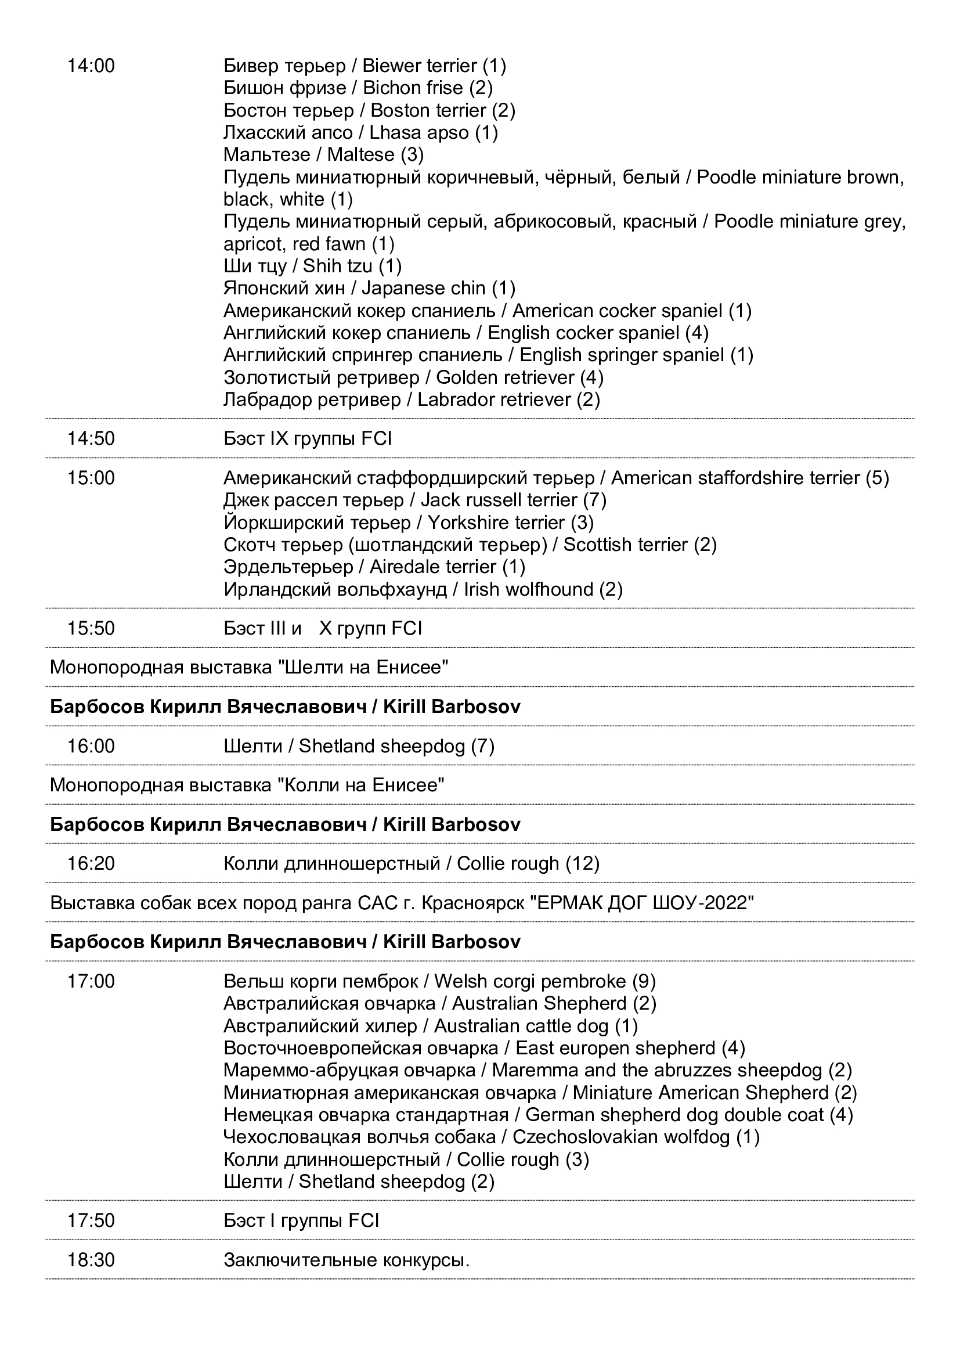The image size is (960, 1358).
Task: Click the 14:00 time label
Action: (91, 66)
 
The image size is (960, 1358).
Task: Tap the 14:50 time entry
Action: (91, 438)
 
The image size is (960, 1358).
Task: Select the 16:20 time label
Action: (91, 863)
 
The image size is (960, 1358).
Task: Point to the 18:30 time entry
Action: (91, 1260)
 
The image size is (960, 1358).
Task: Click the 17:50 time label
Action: (91, 1220)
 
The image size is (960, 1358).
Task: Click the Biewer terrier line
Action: (364, 66)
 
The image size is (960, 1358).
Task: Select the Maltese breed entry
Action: (323, 154)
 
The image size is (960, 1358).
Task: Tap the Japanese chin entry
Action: (370, 288)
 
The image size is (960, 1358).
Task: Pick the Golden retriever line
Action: (413, 377)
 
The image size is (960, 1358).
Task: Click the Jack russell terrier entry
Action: (415, 500)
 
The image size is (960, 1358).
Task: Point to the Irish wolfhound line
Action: (423, 589)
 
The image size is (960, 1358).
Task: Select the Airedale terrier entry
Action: (374, 567)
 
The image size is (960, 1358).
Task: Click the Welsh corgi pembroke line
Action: (439, 981)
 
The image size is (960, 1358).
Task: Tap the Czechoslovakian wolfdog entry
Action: (491, 1137)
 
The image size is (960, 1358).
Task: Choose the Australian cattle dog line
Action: (430, 1025)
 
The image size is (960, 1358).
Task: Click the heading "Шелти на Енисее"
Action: (249, 667)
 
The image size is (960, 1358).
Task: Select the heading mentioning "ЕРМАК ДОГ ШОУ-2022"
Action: (402, 903)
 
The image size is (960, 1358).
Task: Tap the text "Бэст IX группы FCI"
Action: (308, 438)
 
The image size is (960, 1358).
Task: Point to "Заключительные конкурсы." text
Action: (347, 1260)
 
